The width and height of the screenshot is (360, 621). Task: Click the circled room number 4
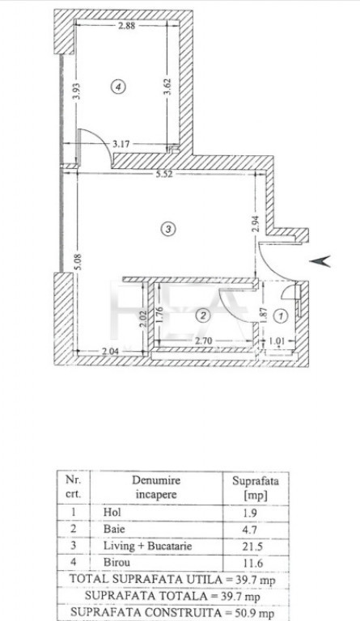(118, 87)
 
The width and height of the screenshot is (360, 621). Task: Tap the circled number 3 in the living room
(168, 229)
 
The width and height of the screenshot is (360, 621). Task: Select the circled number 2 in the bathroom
(203, 315)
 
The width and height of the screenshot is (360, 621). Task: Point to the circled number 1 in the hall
(282, 316)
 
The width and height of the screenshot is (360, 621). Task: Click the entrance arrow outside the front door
(320, 261)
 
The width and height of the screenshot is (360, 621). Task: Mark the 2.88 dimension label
(127, 26)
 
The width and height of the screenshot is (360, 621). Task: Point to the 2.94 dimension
(256, 224)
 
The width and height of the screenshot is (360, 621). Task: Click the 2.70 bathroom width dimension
(205, 340)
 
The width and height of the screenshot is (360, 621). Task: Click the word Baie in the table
(114, 529)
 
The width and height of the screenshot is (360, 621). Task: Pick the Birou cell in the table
(116, 562)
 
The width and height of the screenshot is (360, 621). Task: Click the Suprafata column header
(256, 482)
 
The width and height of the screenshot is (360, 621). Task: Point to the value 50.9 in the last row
(244, 613)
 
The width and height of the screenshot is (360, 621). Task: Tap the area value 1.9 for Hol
(250, 513)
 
